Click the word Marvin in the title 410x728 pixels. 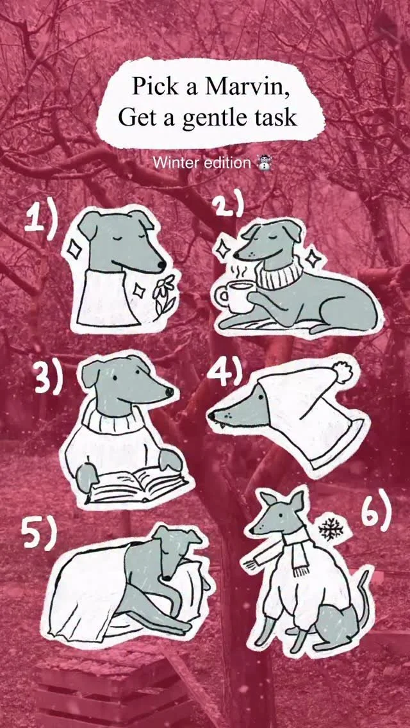tap(248, 87)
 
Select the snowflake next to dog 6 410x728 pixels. tap(331, 528)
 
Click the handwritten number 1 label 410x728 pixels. tap(42, 217)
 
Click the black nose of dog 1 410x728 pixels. tap(162, 265)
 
